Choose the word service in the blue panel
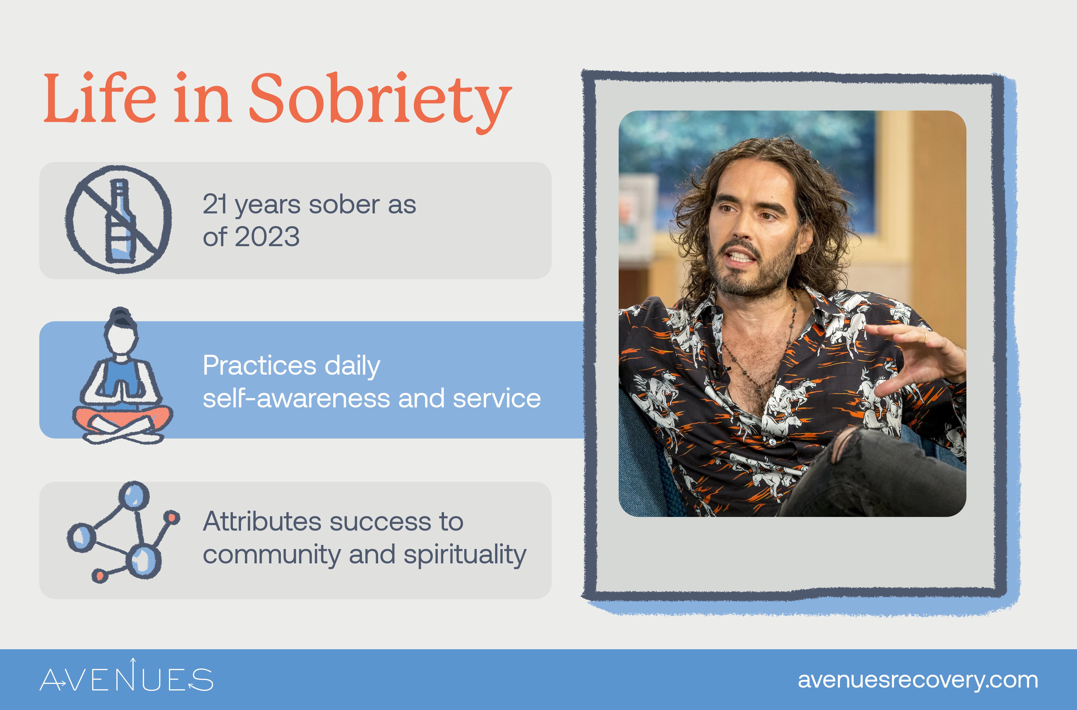497,399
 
